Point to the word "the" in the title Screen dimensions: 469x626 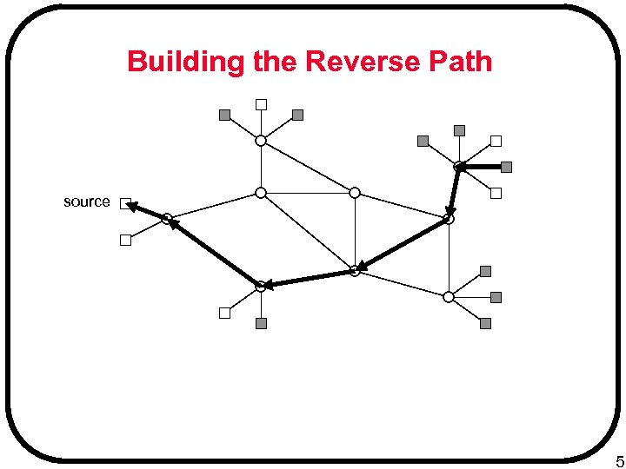(271, 63)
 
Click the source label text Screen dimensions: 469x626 (87, 201)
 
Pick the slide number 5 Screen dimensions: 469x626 (618, 460)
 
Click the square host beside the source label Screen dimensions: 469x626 (125, 203)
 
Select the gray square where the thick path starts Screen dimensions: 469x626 (506, 167)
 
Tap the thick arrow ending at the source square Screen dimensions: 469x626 (146, 211)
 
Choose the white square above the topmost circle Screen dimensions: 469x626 (261, 105)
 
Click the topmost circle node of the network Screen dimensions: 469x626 (261, 140)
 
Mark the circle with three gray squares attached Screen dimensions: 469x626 (449, 296)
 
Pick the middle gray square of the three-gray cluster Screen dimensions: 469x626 (496, 297)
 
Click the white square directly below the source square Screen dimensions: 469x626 (125, 241)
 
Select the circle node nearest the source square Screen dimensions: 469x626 (167, 219)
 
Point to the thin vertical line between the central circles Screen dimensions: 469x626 (355, 231)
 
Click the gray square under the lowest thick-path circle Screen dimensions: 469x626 (261, 323)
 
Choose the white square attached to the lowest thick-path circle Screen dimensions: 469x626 (224, 313)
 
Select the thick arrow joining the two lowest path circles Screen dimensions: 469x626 (308, 278)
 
